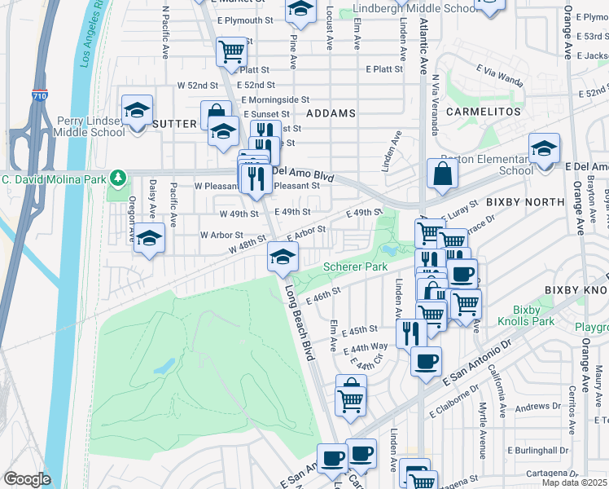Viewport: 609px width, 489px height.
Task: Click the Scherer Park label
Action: point(355,267)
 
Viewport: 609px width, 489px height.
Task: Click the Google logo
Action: point(27,479)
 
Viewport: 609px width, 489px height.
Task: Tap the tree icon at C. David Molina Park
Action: point(118,177)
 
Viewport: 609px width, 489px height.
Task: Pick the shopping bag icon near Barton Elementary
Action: point(441,174)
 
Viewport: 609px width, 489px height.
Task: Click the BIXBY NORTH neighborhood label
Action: point(525,201)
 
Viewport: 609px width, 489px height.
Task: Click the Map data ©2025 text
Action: point(575,482)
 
